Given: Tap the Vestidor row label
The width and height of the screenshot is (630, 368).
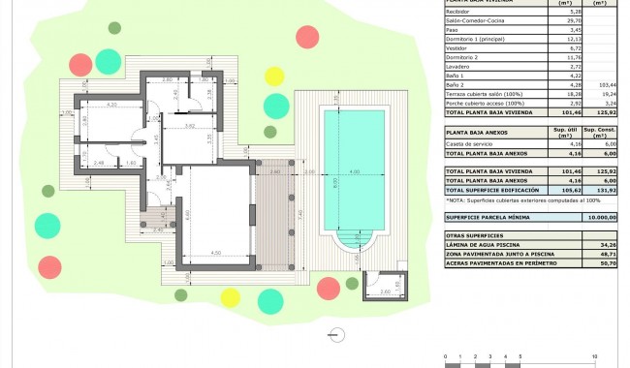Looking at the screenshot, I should click(x=456, y=47).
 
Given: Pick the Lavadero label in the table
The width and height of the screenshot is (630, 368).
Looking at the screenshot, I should click(x=457, y=66).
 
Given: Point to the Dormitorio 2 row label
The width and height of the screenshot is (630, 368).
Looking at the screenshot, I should click(x=460, y=57).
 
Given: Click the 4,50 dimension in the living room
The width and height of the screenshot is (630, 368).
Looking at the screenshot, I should click(x=216, y=254).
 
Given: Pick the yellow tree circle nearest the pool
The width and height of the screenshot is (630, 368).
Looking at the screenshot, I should click(x=274, y=76).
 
